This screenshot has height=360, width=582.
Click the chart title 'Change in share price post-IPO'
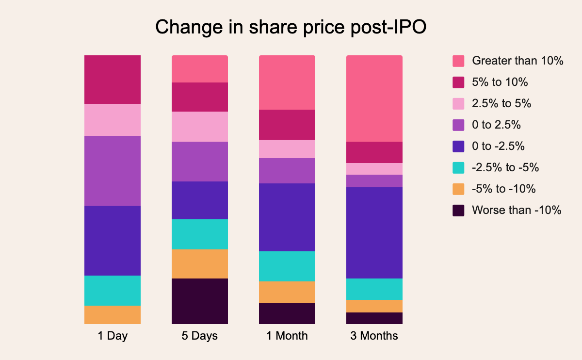291,28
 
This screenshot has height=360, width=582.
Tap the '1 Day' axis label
112,336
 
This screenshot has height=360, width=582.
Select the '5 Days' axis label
199,336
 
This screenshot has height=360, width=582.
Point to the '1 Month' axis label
287,336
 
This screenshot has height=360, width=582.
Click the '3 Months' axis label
374,336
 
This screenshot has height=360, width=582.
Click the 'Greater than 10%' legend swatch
458,61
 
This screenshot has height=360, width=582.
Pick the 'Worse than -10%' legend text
517,211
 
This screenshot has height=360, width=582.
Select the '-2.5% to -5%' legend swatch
458,168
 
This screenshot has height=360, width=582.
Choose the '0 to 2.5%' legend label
496,125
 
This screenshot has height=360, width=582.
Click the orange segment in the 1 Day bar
112,314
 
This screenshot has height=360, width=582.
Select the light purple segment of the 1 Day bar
112,171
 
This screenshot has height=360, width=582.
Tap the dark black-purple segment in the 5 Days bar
199,301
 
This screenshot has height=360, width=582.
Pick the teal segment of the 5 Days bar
199,234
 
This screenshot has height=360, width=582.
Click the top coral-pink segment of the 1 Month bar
287,82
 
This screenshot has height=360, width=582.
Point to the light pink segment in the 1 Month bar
287,149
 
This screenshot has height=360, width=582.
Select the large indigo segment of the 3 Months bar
374,233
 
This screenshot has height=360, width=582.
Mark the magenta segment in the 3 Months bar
374,152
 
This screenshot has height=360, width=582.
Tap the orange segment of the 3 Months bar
374,306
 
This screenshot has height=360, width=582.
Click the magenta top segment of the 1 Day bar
112,80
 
